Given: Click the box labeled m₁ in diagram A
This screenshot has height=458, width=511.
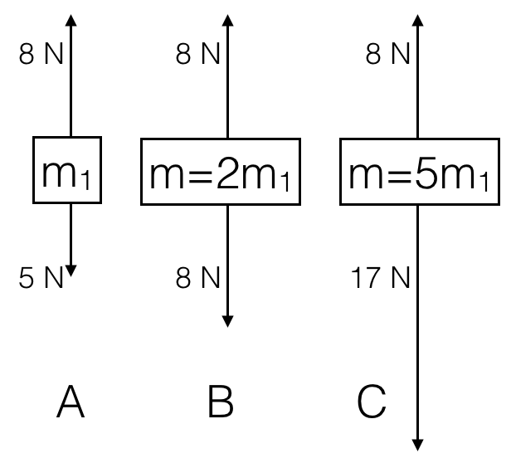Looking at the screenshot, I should [x=67, y=170].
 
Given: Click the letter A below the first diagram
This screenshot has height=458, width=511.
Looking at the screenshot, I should [x=71, y=404].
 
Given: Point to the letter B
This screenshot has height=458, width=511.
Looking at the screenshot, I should [x=221, y=404].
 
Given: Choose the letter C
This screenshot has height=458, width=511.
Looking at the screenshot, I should [x=372, y=404].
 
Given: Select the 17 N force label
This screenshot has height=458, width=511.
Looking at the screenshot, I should [x=377, y=279].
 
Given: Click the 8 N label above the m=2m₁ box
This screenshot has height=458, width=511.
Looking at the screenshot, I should [x=198, y=56].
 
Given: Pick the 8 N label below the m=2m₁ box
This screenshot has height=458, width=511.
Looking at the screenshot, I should [x=198, y=279].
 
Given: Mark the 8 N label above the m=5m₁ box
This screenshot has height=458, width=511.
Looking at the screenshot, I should [x=388, y=56].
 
